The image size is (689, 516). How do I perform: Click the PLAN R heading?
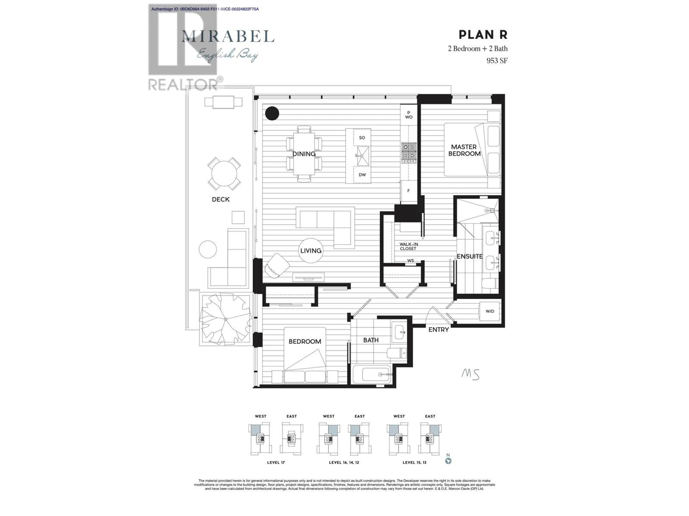pos(483,35)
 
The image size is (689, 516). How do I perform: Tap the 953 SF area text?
pos(497,61)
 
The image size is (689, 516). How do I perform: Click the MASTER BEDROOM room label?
pos(464,150)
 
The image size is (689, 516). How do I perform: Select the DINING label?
pos(304,154)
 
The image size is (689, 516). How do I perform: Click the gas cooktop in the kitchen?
pos(409,153)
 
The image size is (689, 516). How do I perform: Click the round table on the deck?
pos(224,174)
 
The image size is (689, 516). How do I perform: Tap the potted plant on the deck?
pos(225,319)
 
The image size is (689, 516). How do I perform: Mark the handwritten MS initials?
pos(470,374)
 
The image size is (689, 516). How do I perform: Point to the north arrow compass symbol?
pos(448,459)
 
